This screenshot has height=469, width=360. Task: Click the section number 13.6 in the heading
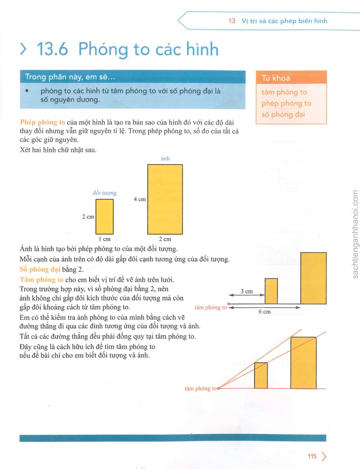click(x=52, y=49)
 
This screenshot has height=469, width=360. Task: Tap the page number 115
click(x=312, y=456)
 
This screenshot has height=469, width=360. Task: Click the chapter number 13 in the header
click(x=232, y=21)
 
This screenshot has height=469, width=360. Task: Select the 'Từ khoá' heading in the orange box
click(x=276, y=78)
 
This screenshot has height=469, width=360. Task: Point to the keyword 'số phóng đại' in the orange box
click(x=283, y=115)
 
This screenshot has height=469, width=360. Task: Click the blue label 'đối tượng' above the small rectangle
click(x=105, y=193)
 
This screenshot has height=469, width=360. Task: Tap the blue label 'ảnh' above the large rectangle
click(x=165, y=158)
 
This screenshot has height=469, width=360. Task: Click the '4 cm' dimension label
click(x=139, y=199)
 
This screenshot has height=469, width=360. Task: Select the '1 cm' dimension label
click(x=105, y=239)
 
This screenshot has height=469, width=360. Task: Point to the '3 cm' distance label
click(x=247, y=291)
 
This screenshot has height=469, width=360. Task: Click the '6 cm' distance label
click(x=264, y=311)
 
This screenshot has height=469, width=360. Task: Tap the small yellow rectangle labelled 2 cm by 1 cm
click(x=104, y=216)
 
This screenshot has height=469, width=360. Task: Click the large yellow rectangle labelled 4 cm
click(x=165, y=199)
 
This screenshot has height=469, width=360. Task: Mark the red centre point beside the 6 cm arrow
click(x=229, y=304)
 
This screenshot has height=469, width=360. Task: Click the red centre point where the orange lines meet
click(x=219, y=388)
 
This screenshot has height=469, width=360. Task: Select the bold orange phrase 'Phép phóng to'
click(x=42, y=122)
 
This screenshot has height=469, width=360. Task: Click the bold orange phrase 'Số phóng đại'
click(x=40, y=269)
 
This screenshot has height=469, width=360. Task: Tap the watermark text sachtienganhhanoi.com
click(x=355, y=234)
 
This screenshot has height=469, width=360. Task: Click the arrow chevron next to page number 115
click(x=324, y=456)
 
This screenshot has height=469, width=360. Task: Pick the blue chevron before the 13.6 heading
click(x=23, y=49)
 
